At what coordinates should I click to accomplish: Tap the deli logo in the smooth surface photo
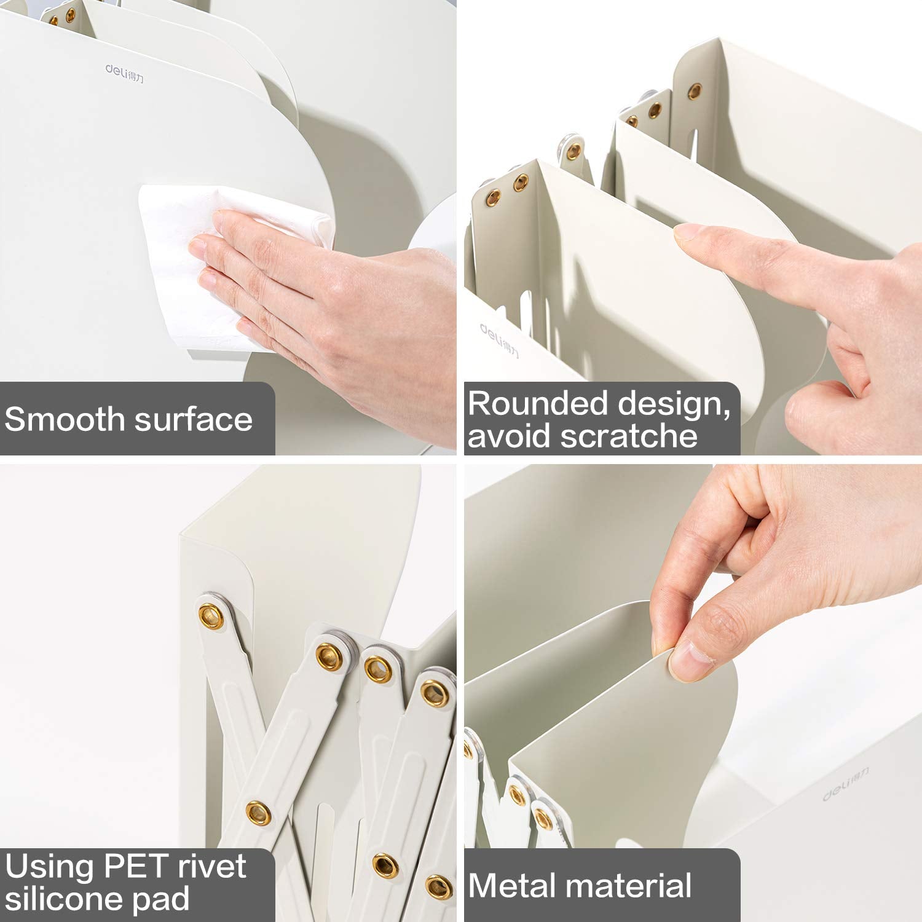(x=124, y=74)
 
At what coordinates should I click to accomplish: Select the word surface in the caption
(x=194, y=420)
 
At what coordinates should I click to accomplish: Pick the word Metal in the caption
(x=507, y=886)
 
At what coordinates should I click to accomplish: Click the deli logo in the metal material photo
(x=846, y=784)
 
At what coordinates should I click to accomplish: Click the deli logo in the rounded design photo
(x=499, y=340)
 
